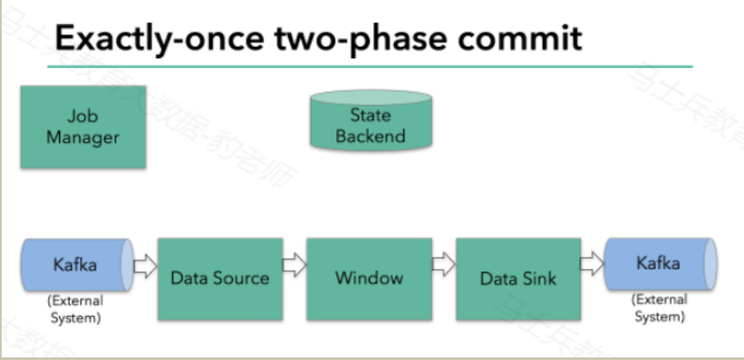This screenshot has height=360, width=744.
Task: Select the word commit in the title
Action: click(520, 38)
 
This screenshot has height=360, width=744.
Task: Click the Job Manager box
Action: click(83, 127)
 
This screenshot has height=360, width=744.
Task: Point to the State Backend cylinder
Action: click(371, 121)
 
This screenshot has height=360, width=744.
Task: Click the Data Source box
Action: click(220, 279)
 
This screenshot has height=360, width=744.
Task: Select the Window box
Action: click(369, 279)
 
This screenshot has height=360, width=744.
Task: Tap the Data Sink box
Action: click(518, 279)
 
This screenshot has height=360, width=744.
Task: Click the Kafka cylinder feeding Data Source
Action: click(77, 265)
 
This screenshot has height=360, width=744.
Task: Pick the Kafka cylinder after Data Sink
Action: click(660, 264)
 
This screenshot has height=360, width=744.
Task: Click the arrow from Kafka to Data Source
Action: click(146, 266)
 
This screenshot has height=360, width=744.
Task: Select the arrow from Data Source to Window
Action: click(295, 265)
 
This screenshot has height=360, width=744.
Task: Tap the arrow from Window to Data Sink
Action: click(444, 264)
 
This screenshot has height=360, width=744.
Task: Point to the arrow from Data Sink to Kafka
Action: click(592, 264)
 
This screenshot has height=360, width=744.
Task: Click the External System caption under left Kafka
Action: click(76, 309)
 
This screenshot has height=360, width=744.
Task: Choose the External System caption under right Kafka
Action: click(659, 308)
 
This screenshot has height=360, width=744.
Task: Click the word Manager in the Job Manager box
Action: click(83, 138)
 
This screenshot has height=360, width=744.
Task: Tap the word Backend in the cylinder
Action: click(371, 136)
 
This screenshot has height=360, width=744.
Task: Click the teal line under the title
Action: click(370, 66)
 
